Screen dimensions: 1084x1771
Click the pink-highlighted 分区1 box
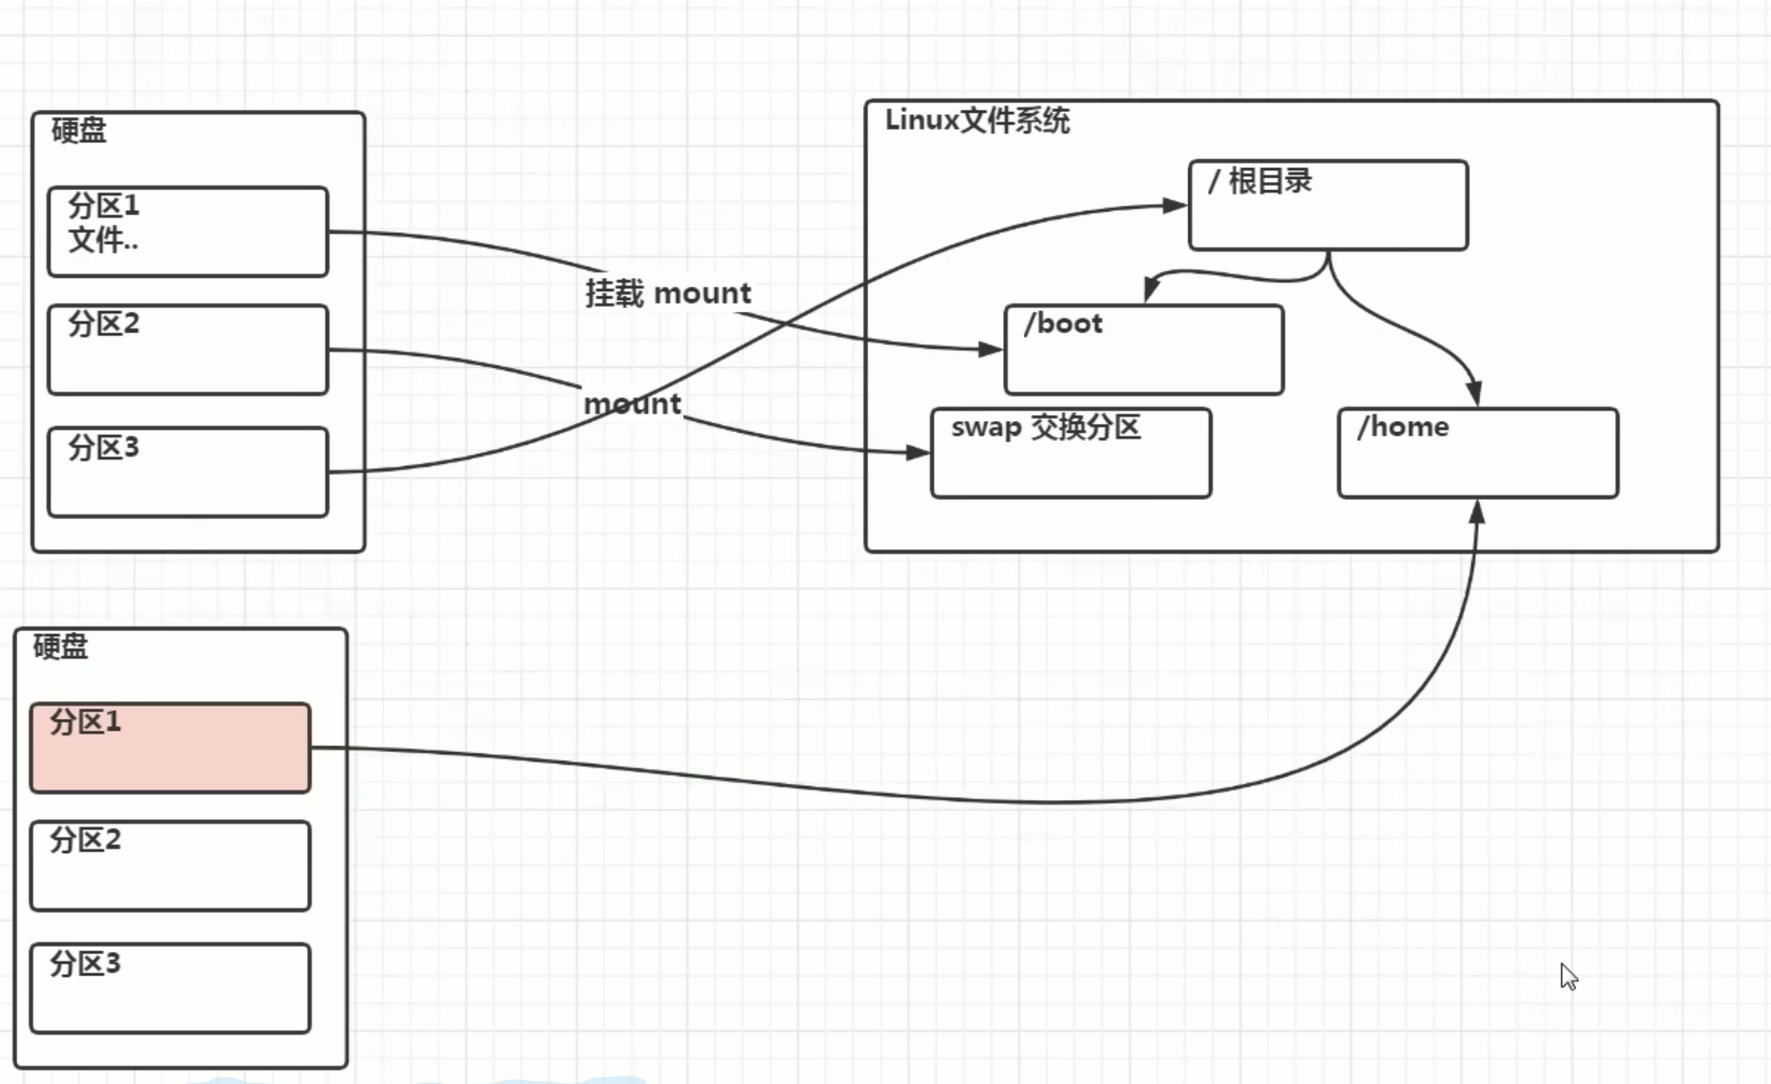pyautogui.click(x=170, y=747)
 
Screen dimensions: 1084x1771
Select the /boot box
pyautogui.click(x=1143, y=350)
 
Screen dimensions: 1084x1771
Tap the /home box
pyautogui.click(x=1478, y=453)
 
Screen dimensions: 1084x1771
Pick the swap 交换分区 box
pyautogui.click(x=1071, y=453)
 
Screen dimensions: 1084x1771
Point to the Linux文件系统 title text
pyautogui.click(x=977, y=120)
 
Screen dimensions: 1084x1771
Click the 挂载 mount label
pyautogui.click(x=668, y=293)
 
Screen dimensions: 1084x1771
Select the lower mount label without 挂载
pyautogui.click(x=632, y=404)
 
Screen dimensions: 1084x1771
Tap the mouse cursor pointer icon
pyautogui.click(x=1568, y=976)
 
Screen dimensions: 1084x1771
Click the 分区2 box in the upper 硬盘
pyautogui.click(x=187, y=350)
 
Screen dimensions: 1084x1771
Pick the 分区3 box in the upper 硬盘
pyautogui.click(x=187, y=472)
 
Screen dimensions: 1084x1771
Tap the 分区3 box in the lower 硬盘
pyautogui.click(x=170, y=989)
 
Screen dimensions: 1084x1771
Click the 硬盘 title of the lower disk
pyautogui.click(x=60, y=646)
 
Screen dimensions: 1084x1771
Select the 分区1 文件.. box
pyautogui.click(x=187, y=232)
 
